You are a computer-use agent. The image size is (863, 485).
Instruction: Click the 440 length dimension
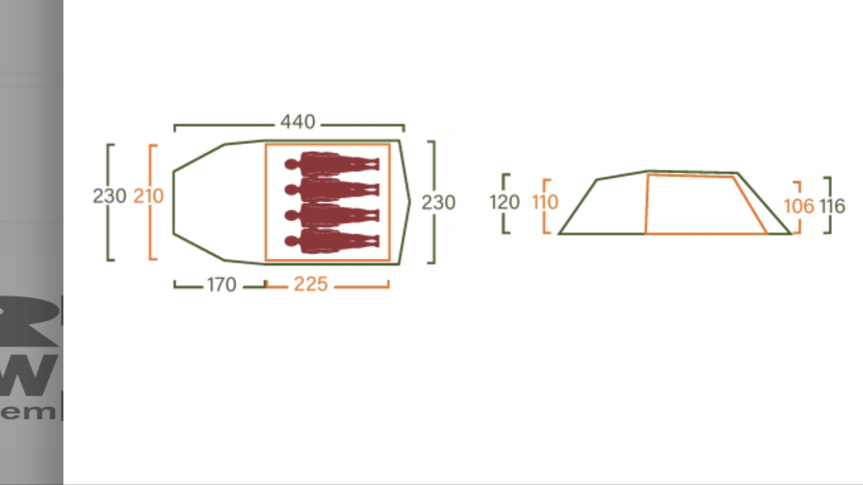coord(298,122)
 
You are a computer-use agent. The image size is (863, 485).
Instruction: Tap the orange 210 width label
coord(148,196)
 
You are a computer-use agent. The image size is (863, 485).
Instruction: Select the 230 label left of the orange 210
coord(109,196)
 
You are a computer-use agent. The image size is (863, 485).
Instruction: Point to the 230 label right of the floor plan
coord(439,202)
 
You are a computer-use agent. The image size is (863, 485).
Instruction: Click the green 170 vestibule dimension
coord(221,285)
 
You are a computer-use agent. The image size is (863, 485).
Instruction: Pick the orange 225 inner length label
coord(311,285)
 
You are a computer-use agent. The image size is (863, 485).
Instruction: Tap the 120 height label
coord(505,202)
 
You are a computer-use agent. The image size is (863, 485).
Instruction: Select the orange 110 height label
coord(545,202)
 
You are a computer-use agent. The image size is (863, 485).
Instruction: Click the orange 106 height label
coord(798,206)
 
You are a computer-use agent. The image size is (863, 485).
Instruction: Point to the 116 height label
coord(832,206)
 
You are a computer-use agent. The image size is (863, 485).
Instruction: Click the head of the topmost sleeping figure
coord(291,165)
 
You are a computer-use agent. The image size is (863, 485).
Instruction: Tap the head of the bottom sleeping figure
coord(291,241)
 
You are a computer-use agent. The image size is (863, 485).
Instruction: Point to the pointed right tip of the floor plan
coord(409,202)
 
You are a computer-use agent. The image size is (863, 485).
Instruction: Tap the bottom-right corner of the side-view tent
coord(791,233)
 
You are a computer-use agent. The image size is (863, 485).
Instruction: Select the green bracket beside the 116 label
coord(829,205)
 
